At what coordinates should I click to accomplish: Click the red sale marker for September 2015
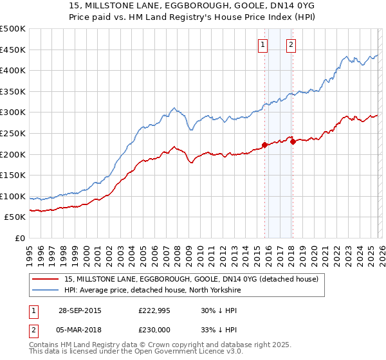click(264, 145)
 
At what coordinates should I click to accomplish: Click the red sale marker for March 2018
click(293, 142)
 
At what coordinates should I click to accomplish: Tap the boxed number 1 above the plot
click(263, 45)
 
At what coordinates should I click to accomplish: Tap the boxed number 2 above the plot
click(291, 45)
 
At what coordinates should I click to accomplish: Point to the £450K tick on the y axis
click(13, 50)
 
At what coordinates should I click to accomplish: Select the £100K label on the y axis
click(13, 196)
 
